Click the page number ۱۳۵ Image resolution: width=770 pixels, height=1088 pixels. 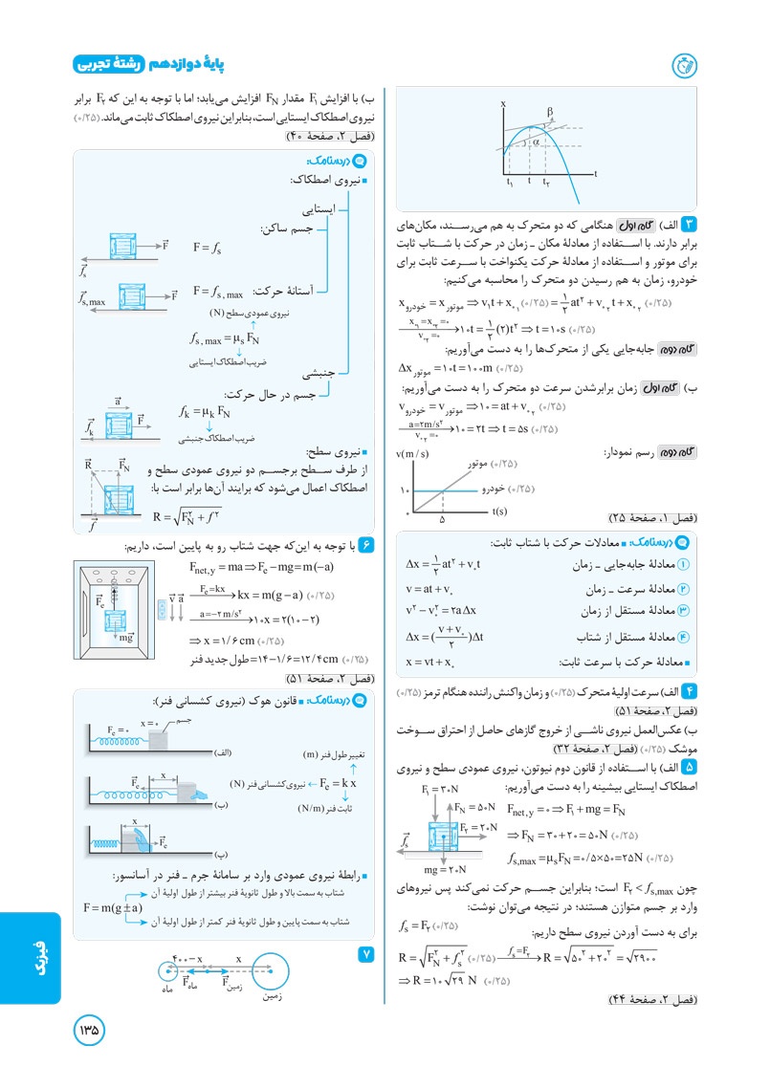coord(89,1031)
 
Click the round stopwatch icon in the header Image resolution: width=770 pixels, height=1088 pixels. coord(683,65)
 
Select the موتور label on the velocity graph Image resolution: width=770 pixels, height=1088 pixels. coord(481,464)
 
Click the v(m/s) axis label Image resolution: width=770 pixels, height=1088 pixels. coord(412,450)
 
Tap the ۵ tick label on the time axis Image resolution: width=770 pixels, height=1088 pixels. coord(443,522)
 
